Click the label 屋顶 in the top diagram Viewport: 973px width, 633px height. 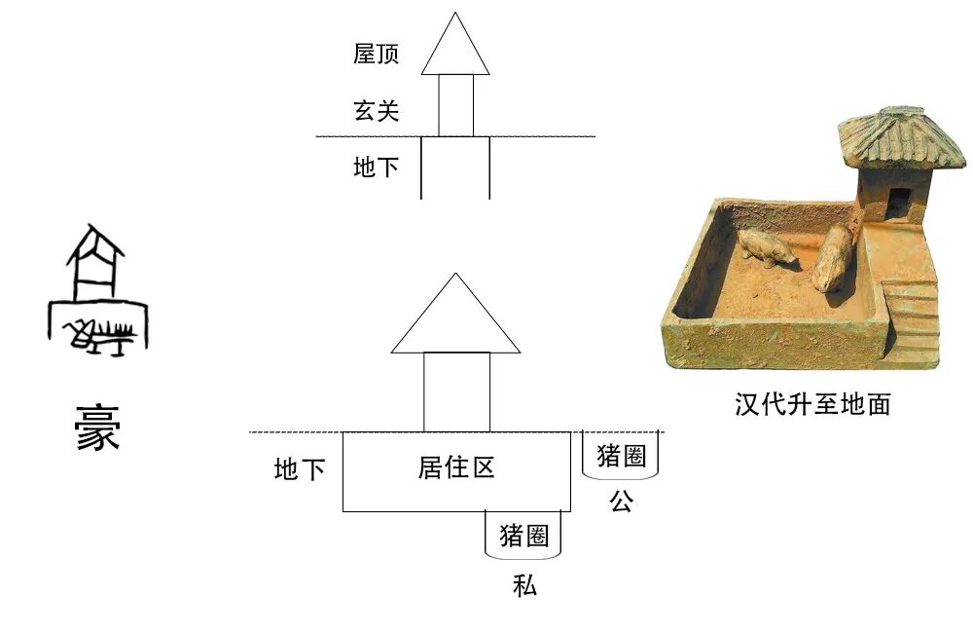376,54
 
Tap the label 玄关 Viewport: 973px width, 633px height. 376,111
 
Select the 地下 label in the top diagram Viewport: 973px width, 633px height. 376,168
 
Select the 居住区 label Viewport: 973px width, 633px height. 456,467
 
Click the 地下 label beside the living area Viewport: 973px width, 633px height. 299,470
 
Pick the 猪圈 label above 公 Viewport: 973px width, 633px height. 621,456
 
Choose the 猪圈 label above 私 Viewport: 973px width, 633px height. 523,535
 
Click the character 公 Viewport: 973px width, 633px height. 621,503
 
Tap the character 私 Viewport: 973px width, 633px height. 523,586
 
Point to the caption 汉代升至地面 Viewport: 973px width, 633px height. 812,404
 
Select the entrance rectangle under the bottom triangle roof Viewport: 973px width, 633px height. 456,391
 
